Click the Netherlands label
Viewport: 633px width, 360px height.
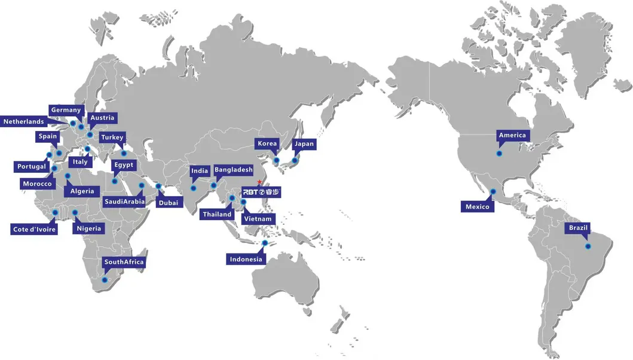24,121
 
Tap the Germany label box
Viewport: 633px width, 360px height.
66,110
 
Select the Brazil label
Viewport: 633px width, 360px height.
579,228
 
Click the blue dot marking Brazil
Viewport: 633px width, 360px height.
588,246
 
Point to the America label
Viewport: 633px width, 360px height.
512,135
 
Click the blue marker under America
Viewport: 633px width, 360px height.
499,154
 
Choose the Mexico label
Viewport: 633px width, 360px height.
478,207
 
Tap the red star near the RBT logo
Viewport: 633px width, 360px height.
259,182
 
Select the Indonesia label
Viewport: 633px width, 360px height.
245,259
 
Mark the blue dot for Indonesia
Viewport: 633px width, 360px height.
265,243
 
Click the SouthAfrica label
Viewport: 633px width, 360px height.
124,262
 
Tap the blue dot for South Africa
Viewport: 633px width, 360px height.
105,280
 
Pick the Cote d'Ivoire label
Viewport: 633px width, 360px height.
35,229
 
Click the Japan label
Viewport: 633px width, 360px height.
304,144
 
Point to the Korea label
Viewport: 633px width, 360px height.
267,144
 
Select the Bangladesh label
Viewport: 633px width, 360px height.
233,170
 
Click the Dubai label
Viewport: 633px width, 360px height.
167,203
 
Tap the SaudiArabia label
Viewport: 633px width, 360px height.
124,202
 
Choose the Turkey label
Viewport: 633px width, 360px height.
112,138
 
